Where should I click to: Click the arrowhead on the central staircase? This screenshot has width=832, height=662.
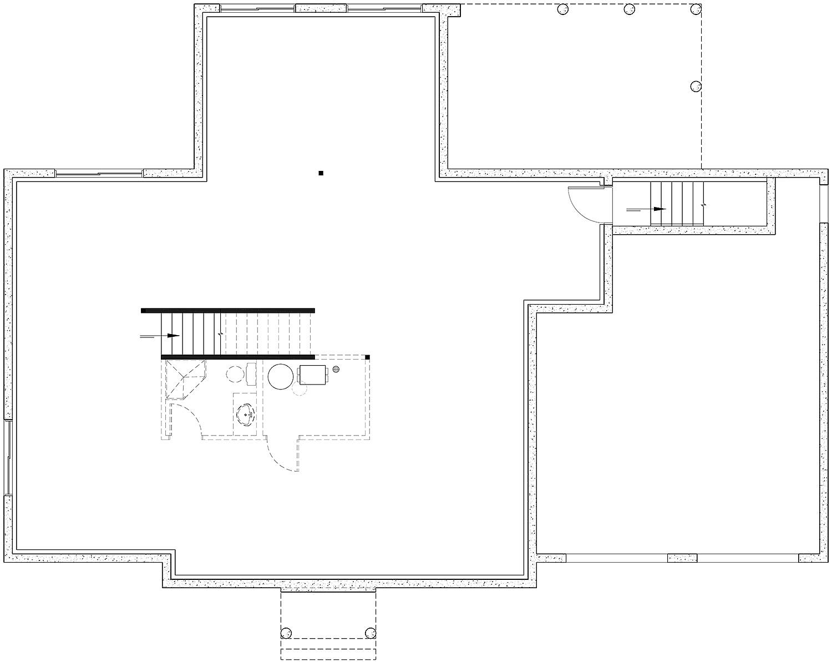tap(174, 336)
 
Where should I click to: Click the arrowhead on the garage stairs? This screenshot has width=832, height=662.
tap(659, 209)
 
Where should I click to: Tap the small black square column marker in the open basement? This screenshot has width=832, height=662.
tap(321, 173)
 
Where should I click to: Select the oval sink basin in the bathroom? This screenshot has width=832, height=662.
tap(245, 414)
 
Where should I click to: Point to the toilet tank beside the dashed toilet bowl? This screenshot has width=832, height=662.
tap(251, 374)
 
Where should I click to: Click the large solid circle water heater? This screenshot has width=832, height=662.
tap(281, 376)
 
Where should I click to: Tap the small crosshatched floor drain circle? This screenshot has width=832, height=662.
tap(336, 370)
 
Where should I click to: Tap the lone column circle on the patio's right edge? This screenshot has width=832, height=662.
tap(696, 86)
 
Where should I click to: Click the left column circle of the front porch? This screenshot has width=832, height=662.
tap(286, 633)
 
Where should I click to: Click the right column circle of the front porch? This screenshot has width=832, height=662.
tap(371, 633)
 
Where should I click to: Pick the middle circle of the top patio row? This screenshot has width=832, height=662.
tap(629, 9)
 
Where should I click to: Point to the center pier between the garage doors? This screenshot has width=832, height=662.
tap(682, 558)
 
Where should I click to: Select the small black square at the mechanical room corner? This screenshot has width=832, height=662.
tap(367, 357)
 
